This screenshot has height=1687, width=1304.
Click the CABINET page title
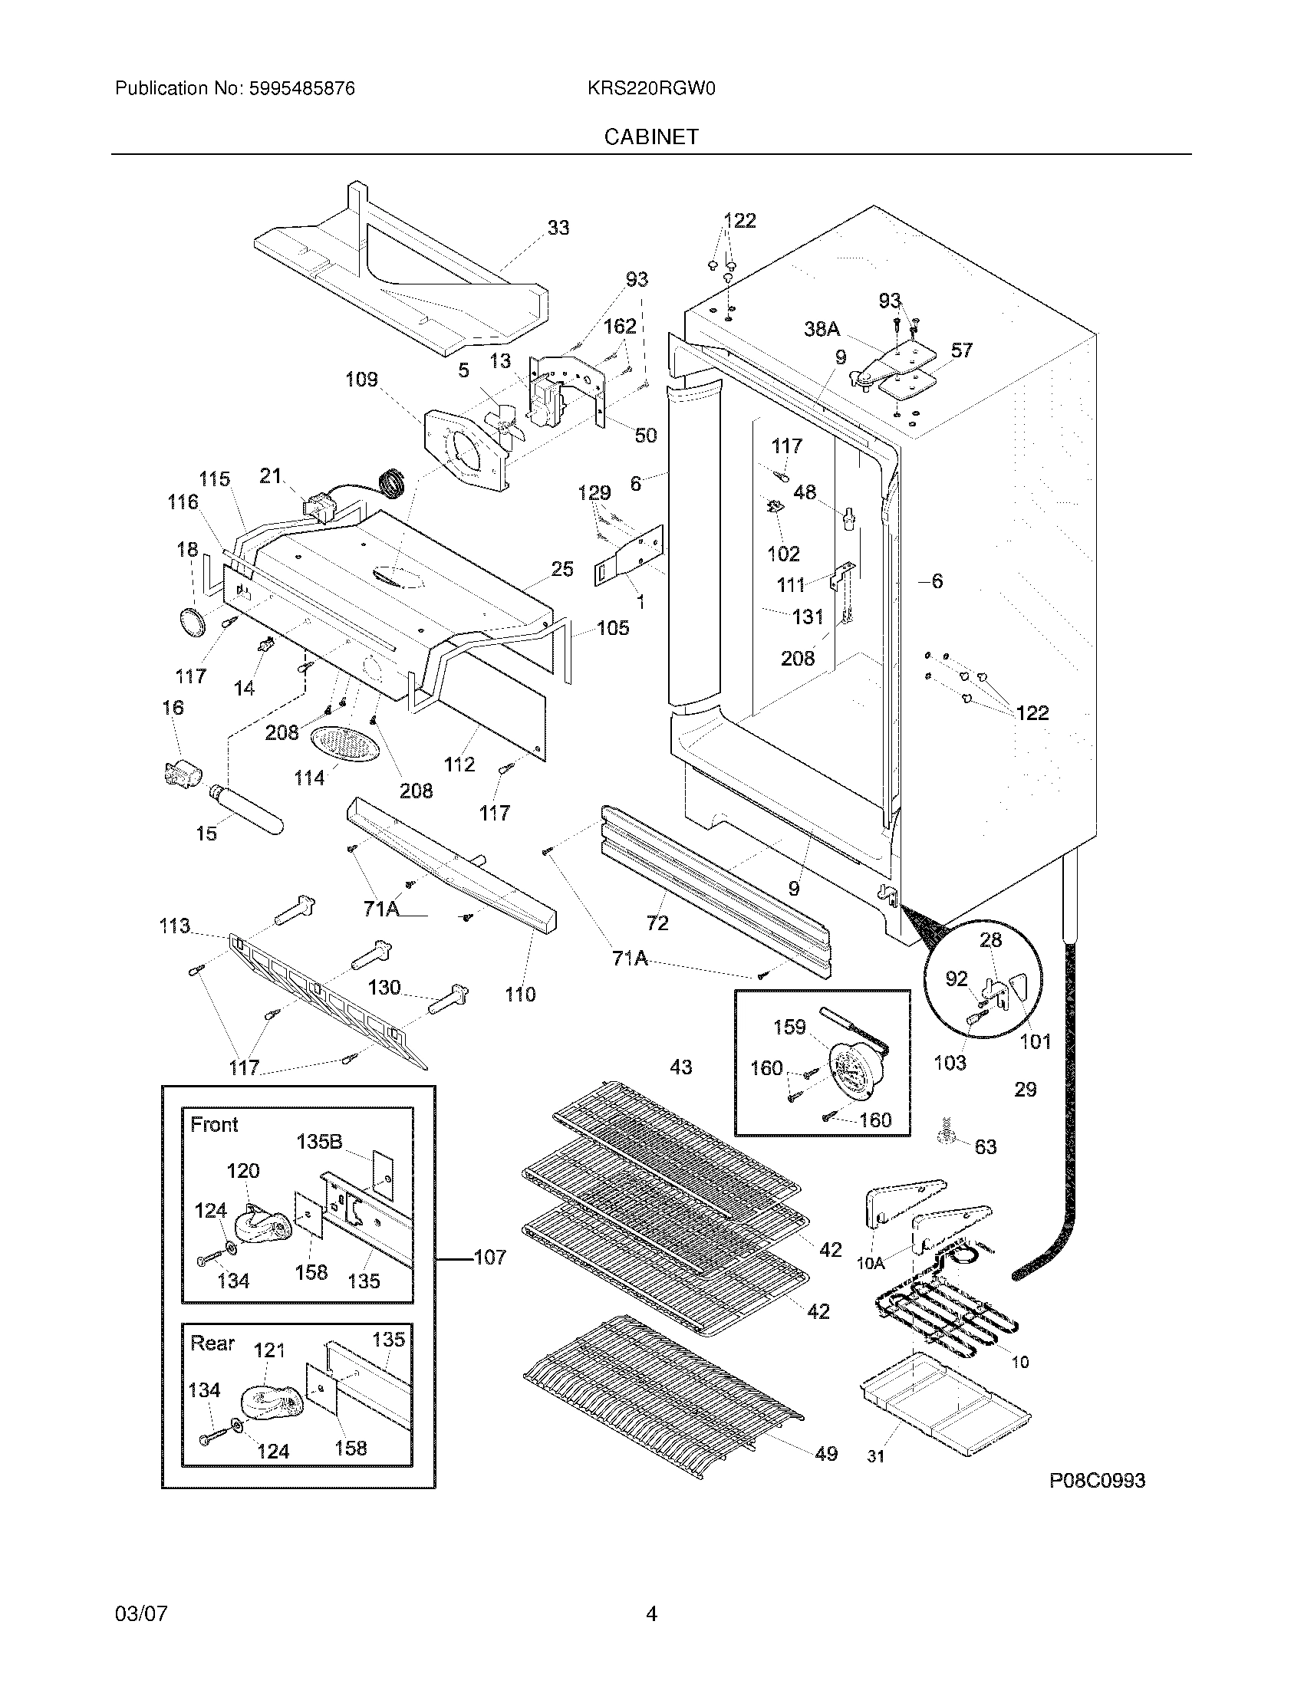click(x=650, y=136)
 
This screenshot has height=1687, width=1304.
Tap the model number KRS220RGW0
click(x=650, y=89)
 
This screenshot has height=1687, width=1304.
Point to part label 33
click(x=558, y=228)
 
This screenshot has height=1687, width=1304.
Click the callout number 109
click(x=361, y=380)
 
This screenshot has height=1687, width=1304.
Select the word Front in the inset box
click(x=214, y=1125)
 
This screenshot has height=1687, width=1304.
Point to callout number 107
click(x=489, y=1257)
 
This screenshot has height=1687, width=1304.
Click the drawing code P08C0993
click(x=1096, y=1481)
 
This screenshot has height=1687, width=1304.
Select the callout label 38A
click(x=822, y=329)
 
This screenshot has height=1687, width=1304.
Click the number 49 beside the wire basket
click(x=826, y=1454)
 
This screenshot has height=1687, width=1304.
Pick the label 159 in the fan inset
click(x=789, y=1028)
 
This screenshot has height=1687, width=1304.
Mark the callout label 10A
click(x=871, y=1263)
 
